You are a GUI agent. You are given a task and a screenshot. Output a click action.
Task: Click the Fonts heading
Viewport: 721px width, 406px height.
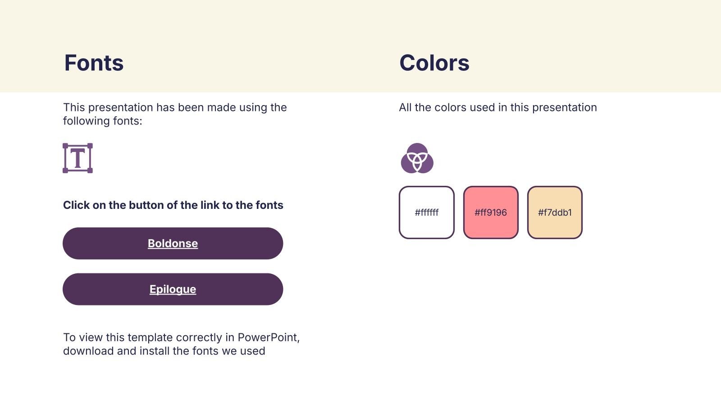(94, 63)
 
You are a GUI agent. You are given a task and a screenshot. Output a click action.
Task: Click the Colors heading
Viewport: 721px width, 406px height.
(434, 63)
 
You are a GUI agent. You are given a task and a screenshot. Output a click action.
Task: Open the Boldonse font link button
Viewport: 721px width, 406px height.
(173, 243)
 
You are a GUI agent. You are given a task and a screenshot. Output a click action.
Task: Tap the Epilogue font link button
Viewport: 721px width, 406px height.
(173, 289)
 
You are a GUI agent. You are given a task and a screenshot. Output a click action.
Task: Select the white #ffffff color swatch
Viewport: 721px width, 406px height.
(426, 212)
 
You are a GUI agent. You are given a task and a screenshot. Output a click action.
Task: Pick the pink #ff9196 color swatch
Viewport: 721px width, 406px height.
(491, 212)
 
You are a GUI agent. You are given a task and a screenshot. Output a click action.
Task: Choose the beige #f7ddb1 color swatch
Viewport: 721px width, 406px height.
(555, 212)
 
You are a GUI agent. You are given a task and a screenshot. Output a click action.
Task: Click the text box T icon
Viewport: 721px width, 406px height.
(78, 158)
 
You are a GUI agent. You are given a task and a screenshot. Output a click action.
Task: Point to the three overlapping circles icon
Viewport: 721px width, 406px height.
(417, 158)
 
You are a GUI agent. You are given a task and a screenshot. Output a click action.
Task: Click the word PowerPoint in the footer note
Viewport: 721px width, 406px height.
(269, 337)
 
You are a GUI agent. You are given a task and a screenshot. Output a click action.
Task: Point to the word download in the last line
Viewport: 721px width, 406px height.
(88, 351)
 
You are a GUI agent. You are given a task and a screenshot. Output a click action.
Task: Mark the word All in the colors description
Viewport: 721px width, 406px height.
(405, 107)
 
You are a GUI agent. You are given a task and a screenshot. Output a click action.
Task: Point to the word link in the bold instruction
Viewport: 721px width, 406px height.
(209, 205)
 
